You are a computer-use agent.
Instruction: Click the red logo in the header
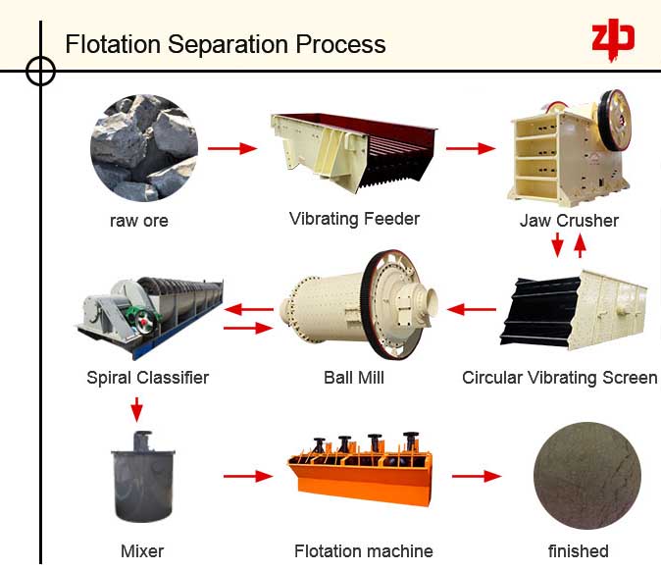[x=613, y=36]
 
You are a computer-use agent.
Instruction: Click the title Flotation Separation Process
[x=225, y=45]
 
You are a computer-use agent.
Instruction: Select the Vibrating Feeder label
[x=354, y=219]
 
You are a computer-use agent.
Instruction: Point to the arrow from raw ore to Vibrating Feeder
[x=232, y=149]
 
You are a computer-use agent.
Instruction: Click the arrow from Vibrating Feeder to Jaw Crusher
[x=471, y=149]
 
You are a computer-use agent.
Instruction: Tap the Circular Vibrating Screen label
[x=559, y=378]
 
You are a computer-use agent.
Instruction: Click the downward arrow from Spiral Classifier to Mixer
[x=137, y=407]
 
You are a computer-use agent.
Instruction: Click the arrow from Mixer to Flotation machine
[x=247, y=477]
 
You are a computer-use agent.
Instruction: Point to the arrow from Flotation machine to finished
[x=477, y=477]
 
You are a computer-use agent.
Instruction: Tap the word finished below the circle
[x=579, y=551]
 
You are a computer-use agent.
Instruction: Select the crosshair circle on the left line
[x=40, y=71]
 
